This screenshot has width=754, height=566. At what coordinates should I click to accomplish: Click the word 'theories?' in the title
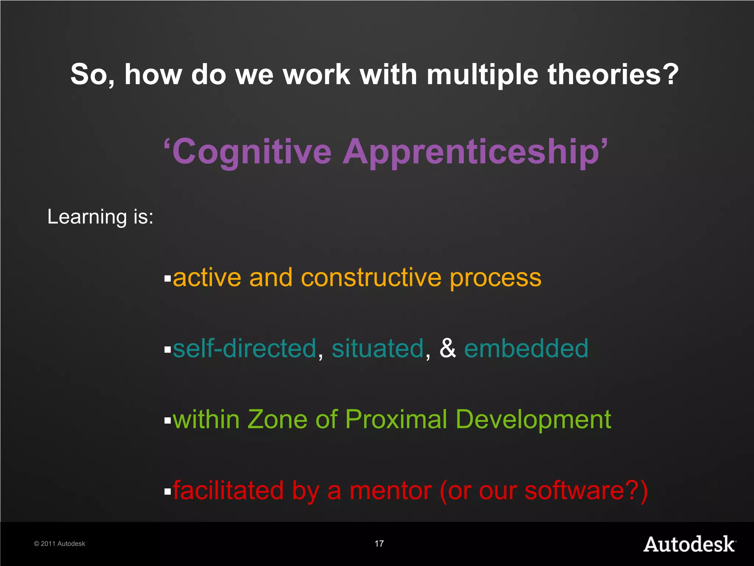click(x=613, y=74)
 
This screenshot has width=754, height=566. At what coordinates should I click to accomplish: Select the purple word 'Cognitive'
click(x=252, y=152)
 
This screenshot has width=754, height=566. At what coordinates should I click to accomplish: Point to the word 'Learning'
click(x=87, y=217)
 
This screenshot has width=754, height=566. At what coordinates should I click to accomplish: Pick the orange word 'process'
click(x=496, y=278)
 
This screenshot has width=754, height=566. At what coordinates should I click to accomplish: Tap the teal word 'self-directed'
click(x=244, y=348)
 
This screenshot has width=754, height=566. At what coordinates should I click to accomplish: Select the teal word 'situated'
click(x=378, y=348)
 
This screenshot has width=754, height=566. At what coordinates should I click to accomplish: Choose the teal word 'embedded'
click(x=526, y=348)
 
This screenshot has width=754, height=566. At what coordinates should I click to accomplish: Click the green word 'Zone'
click(x=277, y=419)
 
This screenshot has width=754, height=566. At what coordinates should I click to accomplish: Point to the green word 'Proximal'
click(x=396, y=419)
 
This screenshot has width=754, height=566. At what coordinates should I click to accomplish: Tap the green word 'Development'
click(x=533, y=420)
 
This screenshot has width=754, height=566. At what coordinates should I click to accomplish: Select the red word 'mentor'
click(x=390, y=491)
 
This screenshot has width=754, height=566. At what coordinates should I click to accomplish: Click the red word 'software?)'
click(x=586, y=491)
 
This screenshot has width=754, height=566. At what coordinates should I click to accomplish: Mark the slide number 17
click(x=379, y=544)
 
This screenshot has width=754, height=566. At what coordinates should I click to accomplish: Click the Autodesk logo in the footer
click(x=689, y=544)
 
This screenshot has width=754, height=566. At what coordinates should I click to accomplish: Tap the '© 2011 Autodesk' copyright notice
click(x=60, y=544)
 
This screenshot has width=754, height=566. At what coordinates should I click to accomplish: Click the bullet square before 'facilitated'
click(x=168, y=492)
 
